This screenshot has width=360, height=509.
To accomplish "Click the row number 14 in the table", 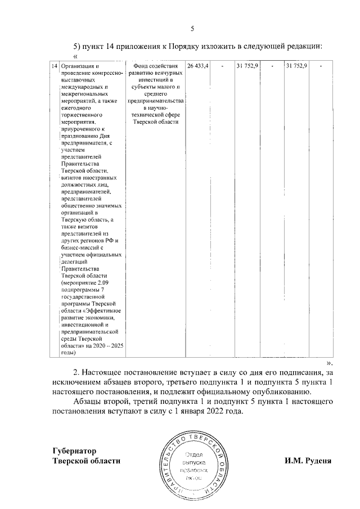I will [54, 66].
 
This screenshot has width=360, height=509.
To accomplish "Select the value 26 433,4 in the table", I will [198, 66].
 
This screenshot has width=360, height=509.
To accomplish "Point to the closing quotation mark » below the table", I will [330, 363].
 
